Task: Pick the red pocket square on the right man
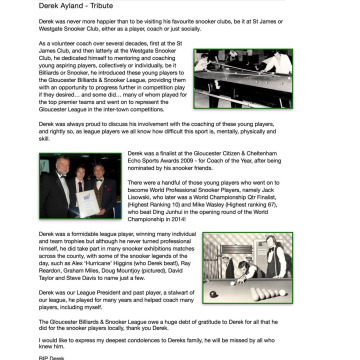(111, 182)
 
